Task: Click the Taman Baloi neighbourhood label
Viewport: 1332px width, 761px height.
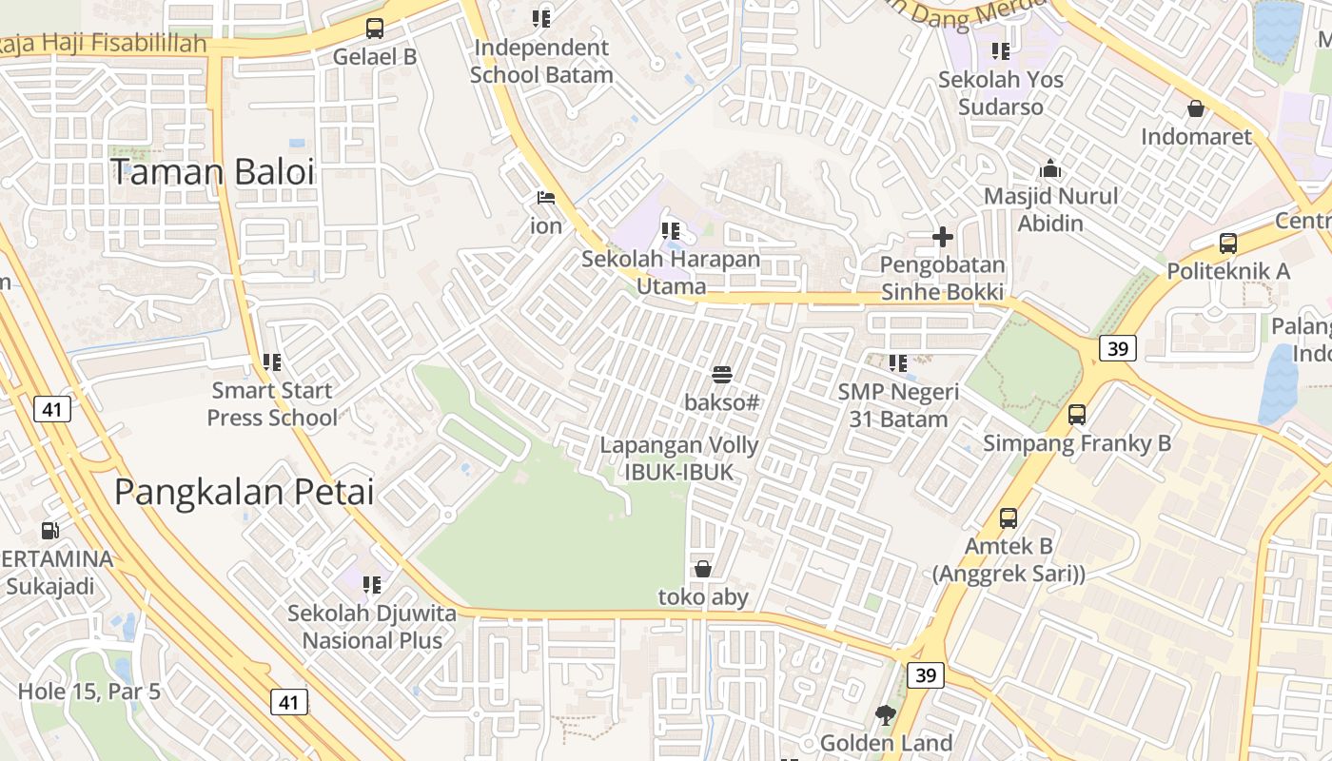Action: pos(212,172)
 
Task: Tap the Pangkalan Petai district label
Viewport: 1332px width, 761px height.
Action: pos(245,492)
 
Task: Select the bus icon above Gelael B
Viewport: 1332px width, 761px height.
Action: pos(375,29)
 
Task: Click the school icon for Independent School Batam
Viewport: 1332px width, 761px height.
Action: pos(541,18)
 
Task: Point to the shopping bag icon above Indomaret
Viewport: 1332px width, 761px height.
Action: pos(1196,108)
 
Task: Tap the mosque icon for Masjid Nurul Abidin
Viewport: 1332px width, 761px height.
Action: pos(1050,168)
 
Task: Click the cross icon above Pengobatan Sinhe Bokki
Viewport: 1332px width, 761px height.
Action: pos(943,237)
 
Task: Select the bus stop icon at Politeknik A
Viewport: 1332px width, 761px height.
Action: pos(1228,244)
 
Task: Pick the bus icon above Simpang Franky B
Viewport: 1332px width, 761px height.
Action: pos(1077,415)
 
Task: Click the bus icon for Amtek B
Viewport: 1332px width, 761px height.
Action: pos(1009,518)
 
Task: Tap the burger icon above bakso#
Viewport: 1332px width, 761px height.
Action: pos(722,375)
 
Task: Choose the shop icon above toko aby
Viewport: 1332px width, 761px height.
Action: pos(703,569)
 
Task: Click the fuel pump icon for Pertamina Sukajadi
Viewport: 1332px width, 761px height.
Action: pos(49,531)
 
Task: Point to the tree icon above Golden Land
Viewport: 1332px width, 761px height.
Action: pos(886,715)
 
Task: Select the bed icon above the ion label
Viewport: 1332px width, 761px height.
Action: pos(546,198)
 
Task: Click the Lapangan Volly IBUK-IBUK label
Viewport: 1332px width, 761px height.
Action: pos(679,459)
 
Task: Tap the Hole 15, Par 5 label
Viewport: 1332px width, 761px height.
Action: pos(89,692)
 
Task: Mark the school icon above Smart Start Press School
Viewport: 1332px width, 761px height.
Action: pos(272,362)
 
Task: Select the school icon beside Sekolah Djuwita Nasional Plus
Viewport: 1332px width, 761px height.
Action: pos(372,584)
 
